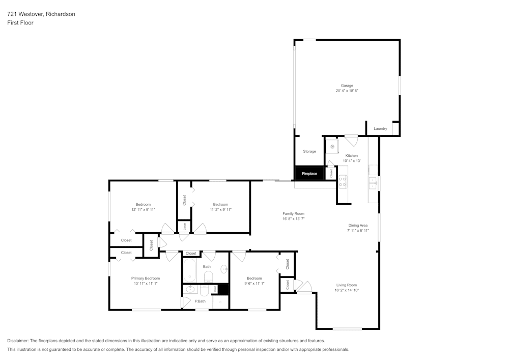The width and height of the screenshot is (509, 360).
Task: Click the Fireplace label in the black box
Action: pos(309,174)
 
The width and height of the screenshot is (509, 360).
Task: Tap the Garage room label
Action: pos(347,86)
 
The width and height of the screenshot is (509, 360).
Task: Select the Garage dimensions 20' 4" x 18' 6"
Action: pos(347,91)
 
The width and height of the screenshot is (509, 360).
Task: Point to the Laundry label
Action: pos(380,128)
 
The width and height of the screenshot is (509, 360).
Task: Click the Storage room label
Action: pos(309,151)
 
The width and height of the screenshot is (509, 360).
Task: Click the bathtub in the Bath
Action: pos(190,271)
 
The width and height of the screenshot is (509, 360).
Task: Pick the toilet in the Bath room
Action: pos(208,276)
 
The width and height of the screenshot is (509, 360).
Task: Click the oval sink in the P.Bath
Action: pos(189,290)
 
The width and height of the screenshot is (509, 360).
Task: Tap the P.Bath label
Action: pos(201,301)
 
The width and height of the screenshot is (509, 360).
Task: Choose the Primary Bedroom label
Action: pos(146,278)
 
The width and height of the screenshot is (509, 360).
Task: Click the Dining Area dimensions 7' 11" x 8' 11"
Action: pos(358,230)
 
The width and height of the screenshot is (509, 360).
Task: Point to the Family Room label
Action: pos(294,213)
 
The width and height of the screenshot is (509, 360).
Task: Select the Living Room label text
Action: pos(346,285)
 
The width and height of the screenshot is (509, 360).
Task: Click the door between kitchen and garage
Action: pos(351,138)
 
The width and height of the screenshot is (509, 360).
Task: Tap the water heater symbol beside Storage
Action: pos(332,147)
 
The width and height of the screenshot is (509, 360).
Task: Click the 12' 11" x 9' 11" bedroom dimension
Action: pos(143,209)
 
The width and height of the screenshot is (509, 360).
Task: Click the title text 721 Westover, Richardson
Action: pos(41,14)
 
